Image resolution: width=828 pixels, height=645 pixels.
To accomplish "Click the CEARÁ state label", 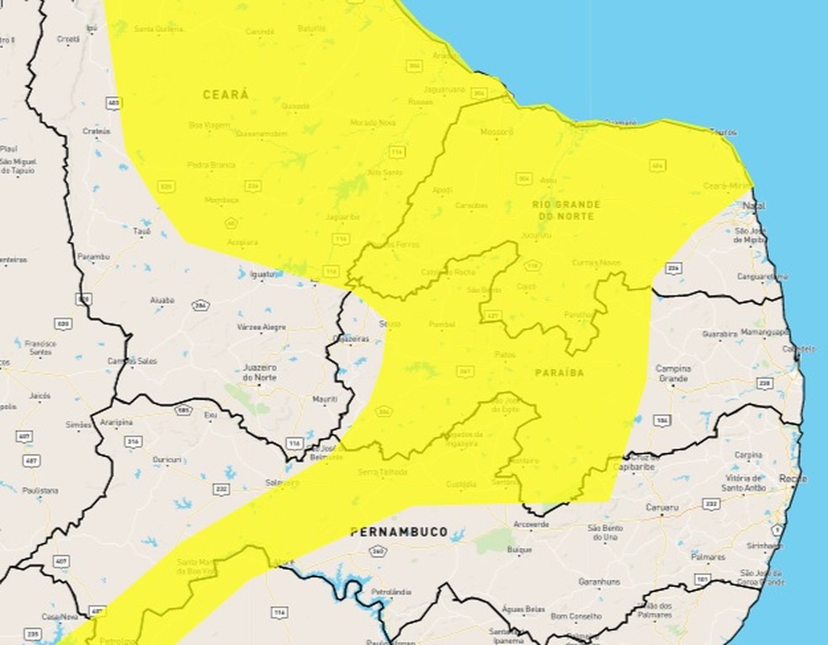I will (x=226, y=95).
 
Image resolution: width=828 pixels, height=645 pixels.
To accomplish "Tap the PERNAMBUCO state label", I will (x=399, y=531).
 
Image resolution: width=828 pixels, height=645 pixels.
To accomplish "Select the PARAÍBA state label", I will (x=560, y=370).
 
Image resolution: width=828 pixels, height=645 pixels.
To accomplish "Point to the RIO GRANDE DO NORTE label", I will (x=565, y=211).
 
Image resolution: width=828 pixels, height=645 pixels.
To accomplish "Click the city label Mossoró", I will (x=496, y=132).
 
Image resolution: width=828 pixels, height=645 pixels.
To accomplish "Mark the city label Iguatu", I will (x=262, y=274).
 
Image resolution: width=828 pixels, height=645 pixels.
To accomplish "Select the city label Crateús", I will (x=97, y=131).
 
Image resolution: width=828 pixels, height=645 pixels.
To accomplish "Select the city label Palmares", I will (x=706, y=557).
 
